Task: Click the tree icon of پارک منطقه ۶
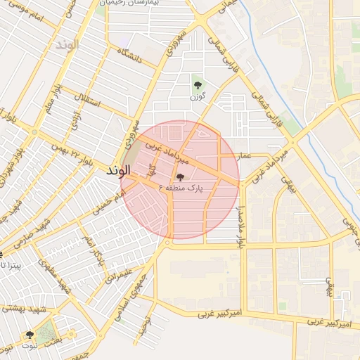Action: click(181, 177)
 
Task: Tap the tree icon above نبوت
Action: click(29, 335)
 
